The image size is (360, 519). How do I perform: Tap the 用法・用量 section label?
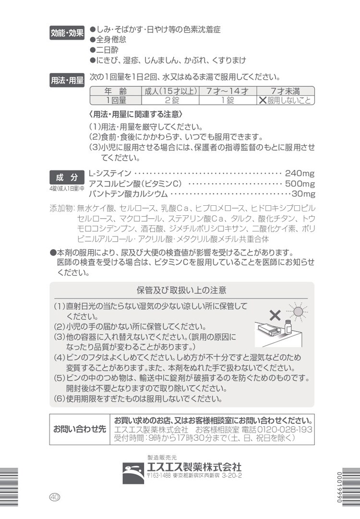point(67,81)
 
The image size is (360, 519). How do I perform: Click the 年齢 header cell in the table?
point(114,91)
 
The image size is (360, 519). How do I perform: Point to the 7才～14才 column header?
point(228,91)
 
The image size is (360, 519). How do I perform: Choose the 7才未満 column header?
point(285,91)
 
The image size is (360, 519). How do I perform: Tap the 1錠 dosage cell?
point(228,100)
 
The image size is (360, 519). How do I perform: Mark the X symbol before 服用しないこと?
point(263,100)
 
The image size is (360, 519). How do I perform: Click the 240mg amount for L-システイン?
point(300,173)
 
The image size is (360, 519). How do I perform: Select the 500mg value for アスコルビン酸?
point(300,184)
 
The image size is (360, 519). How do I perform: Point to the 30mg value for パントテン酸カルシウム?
point(303,194)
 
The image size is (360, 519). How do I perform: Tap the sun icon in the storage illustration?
point(298,311)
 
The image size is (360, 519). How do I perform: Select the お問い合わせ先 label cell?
point(80,428)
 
